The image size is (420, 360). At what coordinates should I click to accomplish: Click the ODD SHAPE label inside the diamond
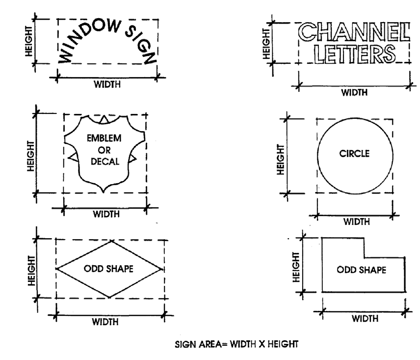pyautogui.click(x=109, y=269)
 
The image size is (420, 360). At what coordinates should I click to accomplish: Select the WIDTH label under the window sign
pyautogui.click(x=107, y=83)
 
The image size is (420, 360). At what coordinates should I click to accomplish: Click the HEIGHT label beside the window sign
pyautogui.click(x=30, y=41)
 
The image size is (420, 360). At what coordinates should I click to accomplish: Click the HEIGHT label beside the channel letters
pyautogui.click(x=265, y=42)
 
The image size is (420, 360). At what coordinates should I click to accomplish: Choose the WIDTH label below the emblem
pyautogui.click(x=105, y=214)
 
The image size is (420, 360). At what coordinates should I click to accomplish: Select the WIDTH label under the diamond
pyautogui.click(x=110, y=321)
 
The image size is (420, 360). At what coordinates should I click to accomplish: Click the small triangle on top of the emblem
pyautogui.click(x=104, y=119)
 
